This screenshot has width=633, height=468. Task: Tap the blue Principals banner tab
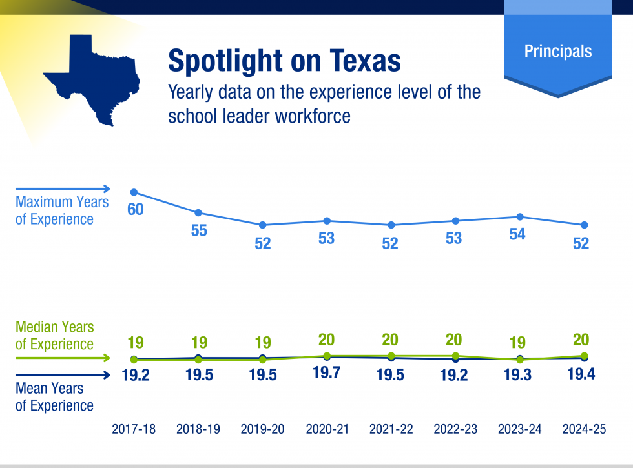coord(557,51)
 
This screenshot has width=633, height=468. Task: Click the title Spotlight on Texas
coord(284,61)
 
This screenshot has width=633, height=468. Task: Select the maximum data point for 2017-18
coord(134,192)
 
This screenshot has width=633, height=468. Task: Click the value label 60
coord(135,210)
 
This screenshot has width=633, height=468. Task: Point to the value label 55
coord(199,230)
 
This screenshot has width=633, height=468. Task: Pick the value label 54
coord(517,234)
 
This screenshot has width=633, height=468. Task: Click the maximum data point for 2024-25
coord(585,225)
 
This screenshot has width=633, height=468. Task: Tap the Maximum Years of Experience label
coord(62,210)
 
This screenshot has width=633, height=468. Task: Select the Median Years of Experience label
coord(54,336)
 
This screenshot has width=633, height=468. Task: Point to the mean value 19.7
coord(326,372)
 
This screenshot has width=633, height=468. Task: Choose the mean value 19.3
coord(517,376)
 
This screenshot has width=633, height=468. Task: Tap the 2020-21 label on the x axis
coord(327,429)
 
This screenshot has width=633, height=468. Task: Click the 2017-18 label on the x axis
coord(134,429)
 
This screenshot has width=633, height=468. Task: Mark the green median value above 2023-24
coord(517,342)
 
